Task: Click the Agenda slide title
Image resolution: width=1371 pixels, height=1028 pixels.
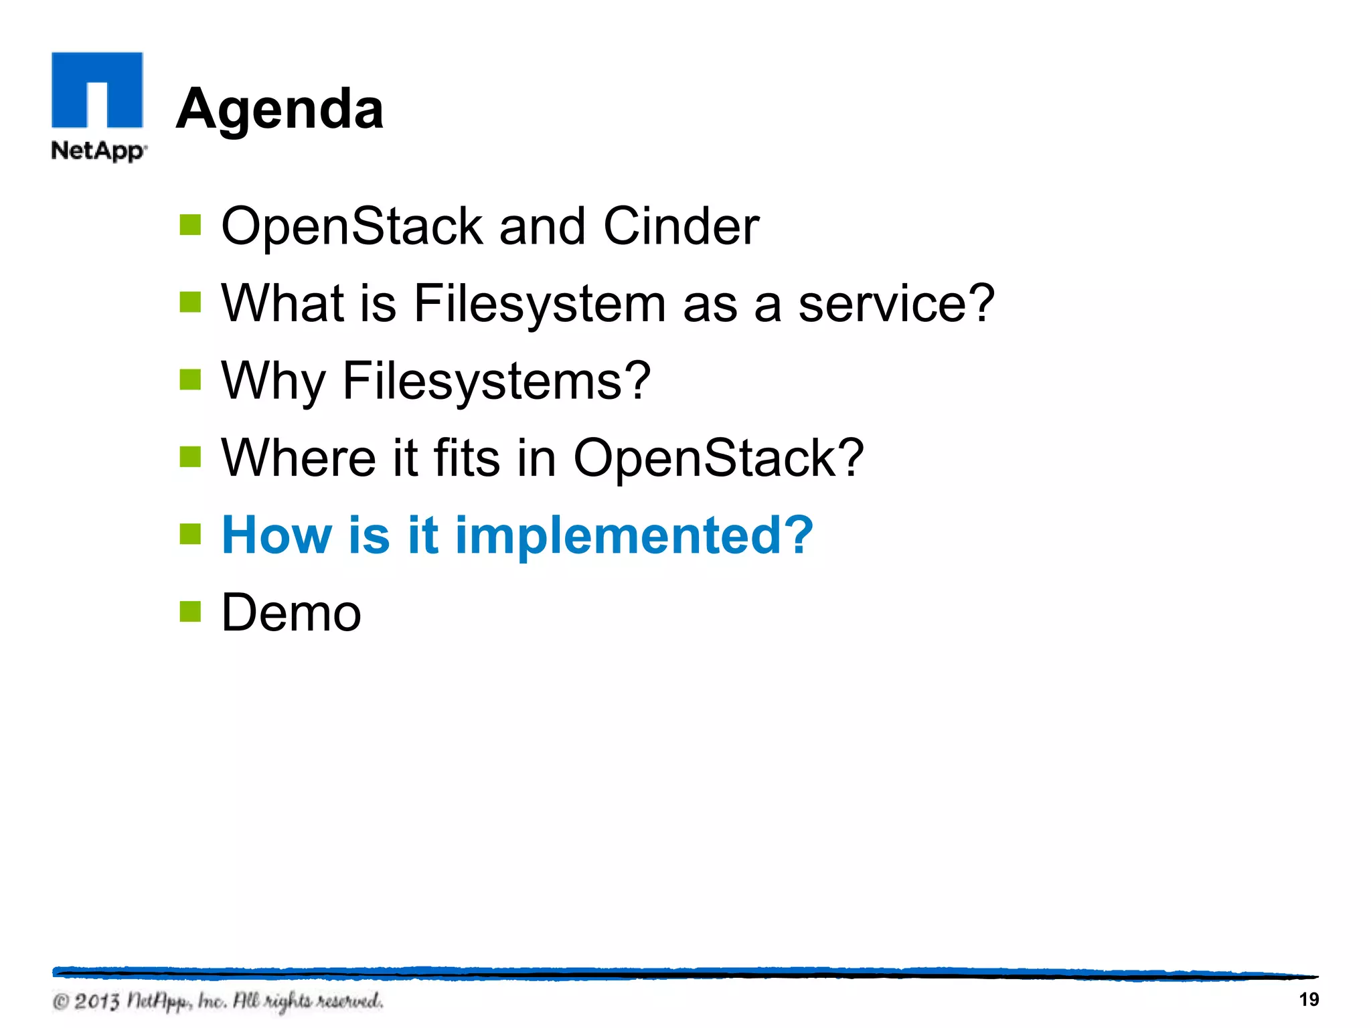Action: click(x=279, y=109)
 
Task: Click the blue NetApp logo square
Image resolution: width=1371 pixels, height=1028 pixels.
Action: click(x=97, y=90)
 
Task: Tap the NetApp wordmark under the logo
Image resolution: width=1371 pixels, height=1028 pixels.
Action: click(x=98, y=151)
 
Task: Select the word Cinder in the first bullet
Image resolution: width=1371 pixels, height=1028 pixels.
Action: click(x=681, y=226)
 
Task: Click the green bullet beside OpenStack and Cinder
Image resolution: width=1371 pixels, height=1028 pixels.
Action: click(x=190, y=225)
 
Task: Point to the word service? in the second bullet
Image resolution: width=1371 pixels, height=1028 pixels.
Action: click(x=896, y=303)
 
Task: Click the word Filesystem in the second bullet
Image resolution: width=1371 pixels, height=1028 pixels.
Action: click(x=540, y=303)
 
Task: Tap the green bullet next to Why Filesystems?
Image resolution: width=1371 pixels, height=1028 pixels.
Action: click(x=190, y=379)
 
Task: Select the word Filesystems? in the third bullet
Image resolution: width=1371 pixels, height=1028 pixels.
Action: click(x=496, y=381)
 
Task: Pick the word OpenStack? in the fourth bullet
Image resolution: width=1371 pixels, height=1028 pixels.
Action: click(x=718, y=458)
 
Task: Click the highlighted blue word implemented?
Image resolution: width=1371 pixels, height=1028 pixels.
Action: click(x=633, y=535)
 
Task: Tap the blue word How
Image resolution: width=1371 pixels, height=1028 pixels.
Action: click(x=276, y=535)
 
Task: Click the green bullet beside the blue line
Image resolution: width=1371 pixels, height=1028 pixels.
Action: click(x=190, y=534)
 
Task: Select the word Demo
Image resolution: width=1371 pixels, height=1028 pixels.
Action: click(x=291, y=612)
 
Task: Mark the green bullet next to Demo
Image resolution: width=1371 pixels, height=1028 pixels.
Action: click(x=190, y=611)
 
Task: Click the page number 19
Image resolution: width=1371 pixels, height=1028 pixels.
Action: click(x=1308, y=1000)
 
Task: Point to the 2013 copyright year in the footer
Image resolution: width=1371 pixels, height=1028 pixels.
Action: click(x=96, y=1001)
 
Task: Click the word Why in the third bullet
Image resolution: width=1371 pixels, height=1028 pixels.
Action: click(x=272, y=381)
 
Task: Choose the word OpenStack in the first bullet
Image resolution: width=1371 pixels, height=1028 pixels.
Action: click(x=351, y=226)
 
